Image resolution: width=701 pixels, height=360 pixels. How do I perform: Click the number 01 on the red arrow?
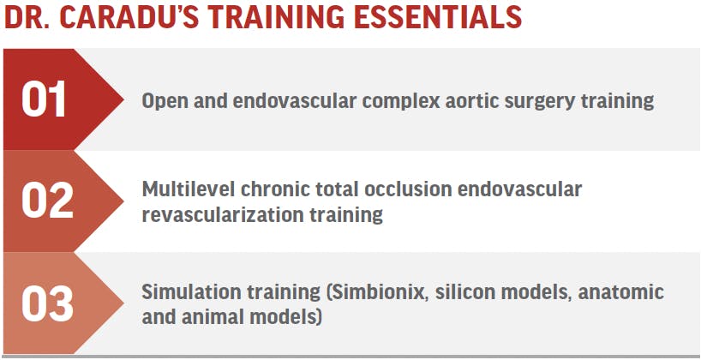point(44,99)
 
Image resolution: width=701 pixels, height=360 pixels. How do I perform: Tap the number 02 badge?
point(47,201)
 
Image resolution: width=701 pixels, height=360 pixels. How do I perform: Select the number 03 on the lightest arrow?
point(47,303)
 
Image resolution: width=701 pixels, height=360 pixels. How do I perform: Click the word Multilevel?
point(189,189)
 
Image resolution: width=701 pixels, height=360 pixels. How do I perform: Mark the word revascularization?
point(223,214)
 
